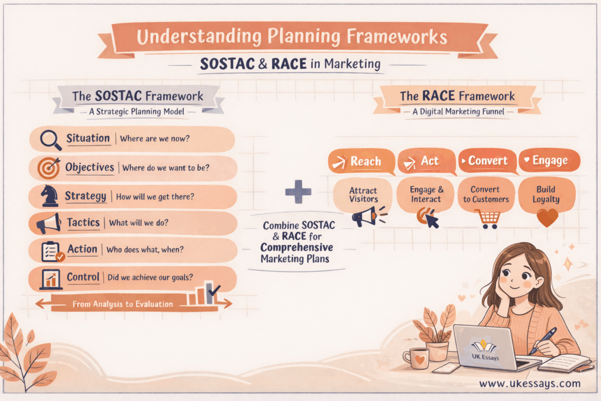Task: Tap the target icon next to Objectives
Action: tap(49, 169)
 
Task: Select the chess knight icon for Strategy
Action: tap(49, 196)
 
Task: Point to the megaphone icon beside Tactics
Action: tap(49, 224)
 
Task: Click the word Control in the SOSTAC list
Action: tap(83, 277)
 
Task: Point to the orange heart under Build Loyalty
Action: tap(548, 218)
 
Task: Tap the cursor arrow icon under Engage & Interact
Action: tap(431, 220)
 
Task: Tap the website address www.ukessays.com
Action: tap(529, 384)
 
